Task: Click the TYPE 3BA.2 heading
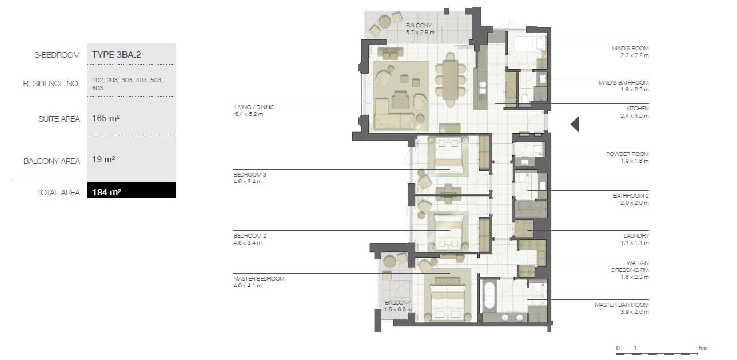pyautogui.click(x=117, y=55)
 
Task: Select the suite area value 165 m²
pyautogui.click(x=106, y=118)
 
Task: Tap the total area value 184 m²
pyautogui.click(x=106, y=193)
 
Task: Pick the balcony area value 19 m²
pyautogui.click(x=103, y=159)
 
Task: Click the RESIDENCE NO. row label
pyautogui.click(x=51, y=83)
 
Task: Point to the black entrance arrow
pyautogui.click(x=575, y=124)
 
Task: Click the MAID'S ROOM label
pyautogui.click(x=630, y=49)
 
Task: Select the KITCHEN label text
pyautogui.click(x=638, y=108)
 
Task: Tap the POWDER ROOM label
pyautogui.click(x=627, y=154)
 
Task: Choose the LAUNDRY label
pyautogui.click(x=636, y=236)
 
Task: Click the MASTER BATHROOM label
pyautogui.click(x=622, y=305)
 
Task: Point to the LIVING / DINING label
pyautogui.click(x=254, y=107)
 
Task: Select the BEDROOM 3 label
pyautogui.click(x=250, y=175)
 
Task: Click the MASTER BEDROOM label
pyautogui.click(x=259, y=278)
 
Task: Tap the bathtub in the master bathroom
pyautogui.click(x=489, y=295)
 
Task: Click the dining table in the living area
pyautogui.click(x=450, y=81)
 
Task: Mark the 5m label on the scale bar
pyautogui.click(x=703, y=348)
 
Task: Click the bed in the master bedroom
pyautogui.click(x=448, y=302)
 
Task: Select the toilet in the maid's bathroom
pyautogui.click(x=525, y=99)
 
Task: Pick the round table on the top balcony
pyautogui.click(x=385, y=22)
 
